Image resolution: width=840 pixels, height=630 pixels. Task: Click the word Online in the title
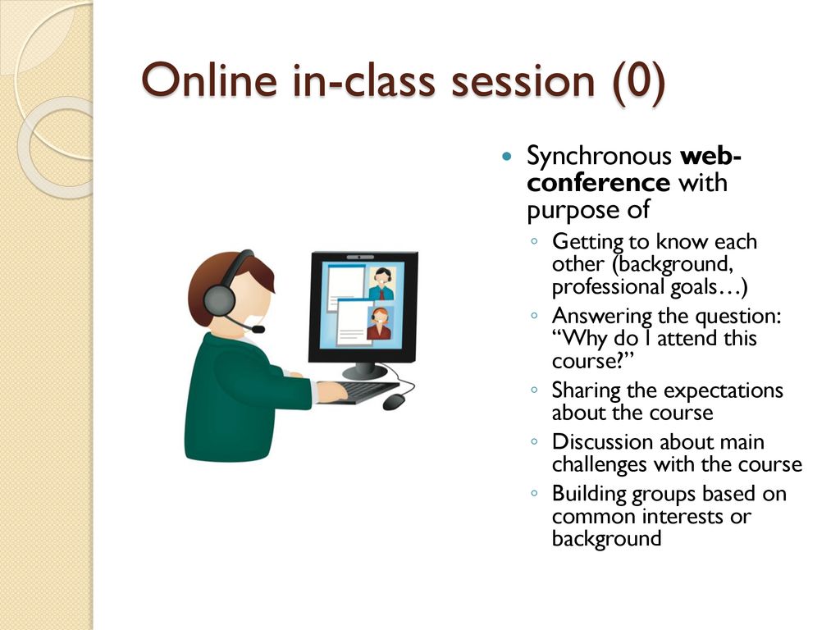(x=209, y=80)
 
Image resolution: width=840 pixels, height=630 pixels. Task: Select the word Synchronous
(x=599, y=157)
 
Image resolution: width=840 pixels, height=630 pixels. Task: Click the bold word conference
(x=598, y=183)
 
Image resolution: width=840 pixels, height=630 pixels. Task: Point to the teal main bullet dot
(x=507, y=157)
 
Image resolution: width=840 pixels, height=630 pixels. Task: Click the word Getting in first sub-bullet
(x=587, y=243)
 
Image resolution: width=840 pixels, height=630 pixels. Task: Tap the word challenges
(x=600, y=464)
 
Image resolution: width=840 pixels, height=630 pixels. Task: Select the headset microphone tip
(x=258, y=329)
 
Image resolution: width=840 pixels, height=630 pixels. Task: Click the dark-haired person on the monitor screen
(x=381, y=284)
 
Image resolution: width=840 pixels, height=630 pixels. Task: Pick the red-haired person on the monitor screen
(x=379, y=323)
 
